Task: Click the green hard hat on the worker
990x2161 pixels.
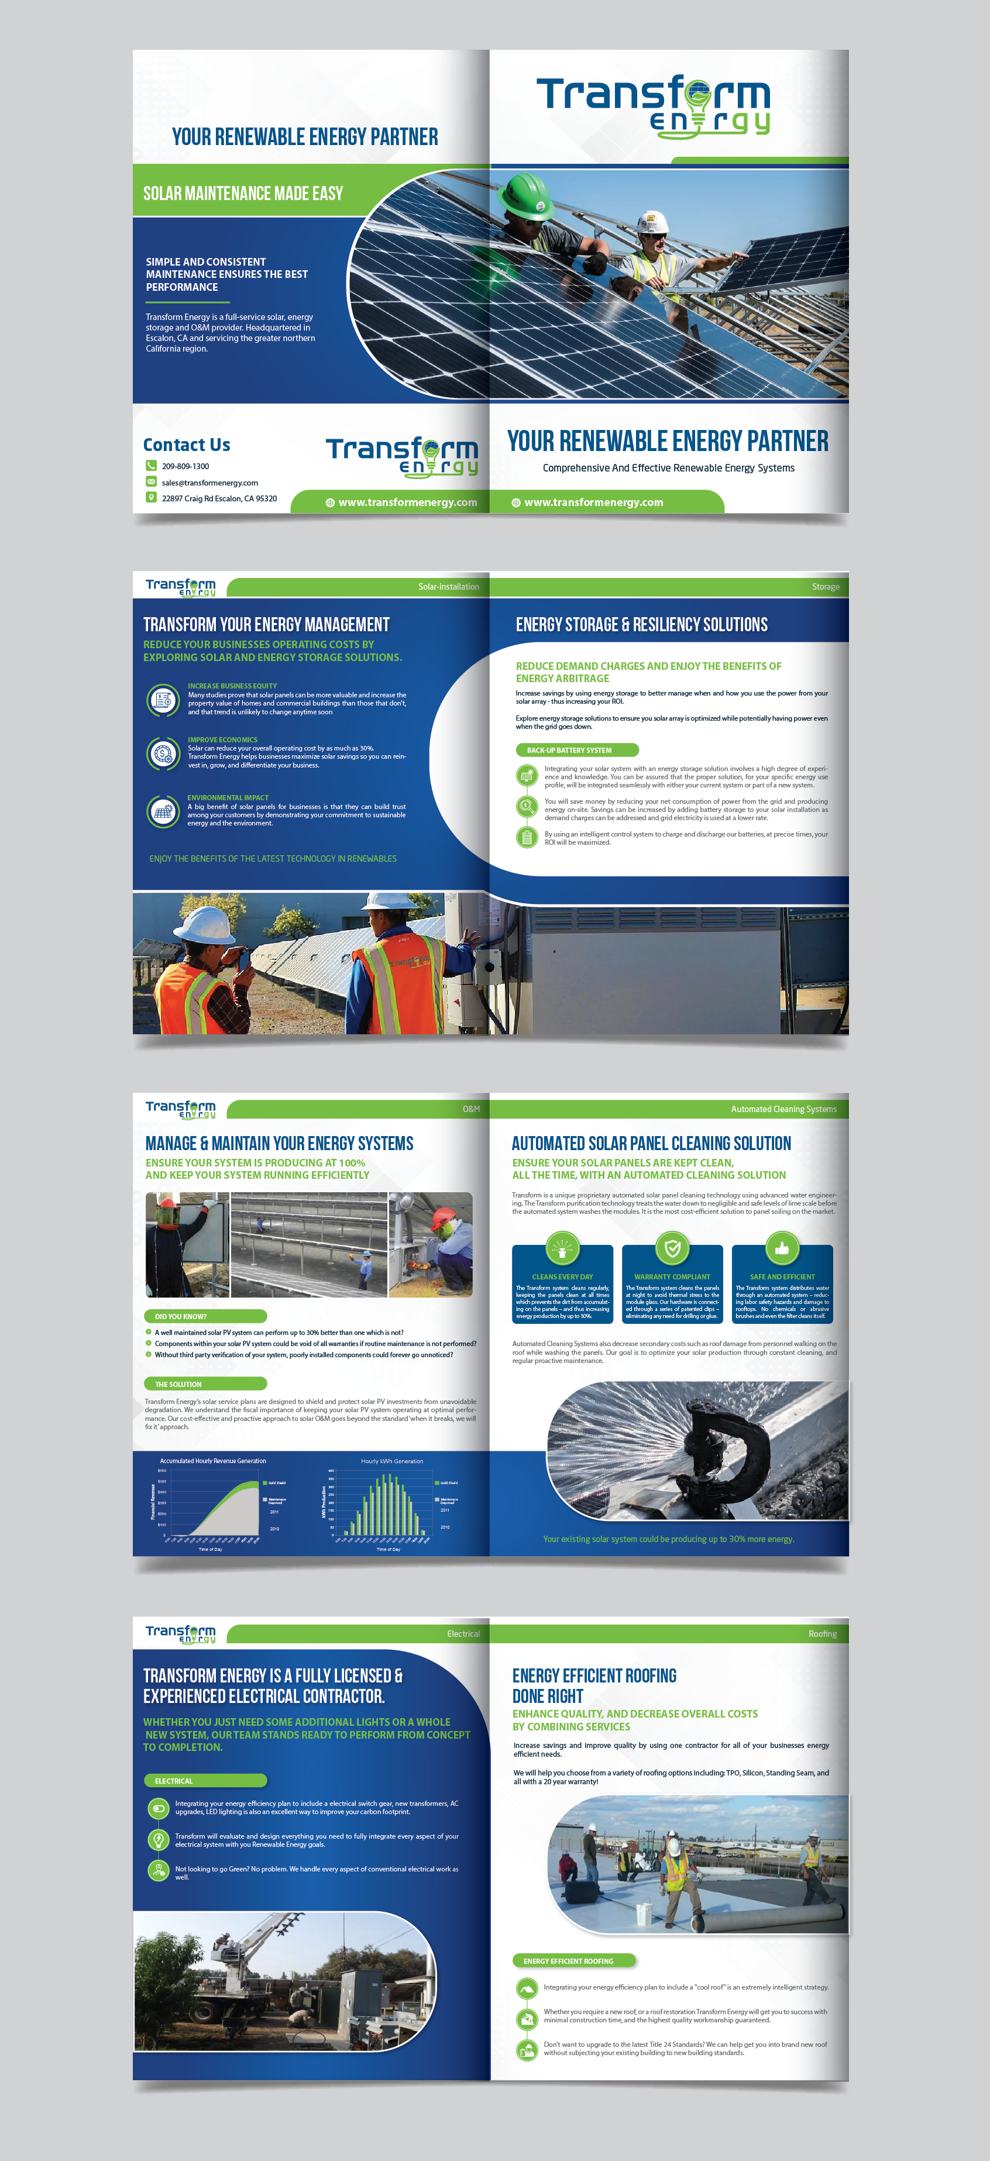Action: point(526,193)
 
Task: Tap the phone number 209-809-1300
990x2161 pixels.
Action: point(185,466)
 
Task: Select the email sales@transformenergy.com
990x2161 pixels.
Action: point(209,483)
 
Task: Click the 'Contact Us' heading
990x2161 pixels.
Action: point(186,445)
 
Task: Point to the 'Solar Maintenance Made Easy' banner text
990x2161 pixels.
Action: point(243,194)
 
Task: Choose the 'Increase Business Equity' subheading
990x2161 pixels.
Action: point(232,686)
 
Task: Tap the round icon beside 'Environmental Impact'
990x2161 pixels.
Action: point(163,811)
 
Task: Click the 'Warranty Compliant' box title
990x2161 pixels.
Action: point(672,1277)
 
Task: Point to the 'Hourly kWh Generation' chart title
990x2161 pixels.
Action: point(392,1461)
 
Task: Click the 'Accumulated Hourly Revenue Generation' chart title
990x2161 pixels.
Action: point(213,1461)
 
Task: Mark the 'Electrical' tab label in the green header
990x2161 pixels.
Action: point(463,1633)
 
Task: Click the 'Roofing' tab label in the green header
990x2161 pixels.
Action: point(822,1633)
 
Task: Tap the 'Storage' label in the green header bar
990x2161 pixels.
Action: point(826,586)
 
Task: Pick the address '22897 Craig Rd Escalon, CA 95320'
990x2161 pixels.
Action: point(219,498)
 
